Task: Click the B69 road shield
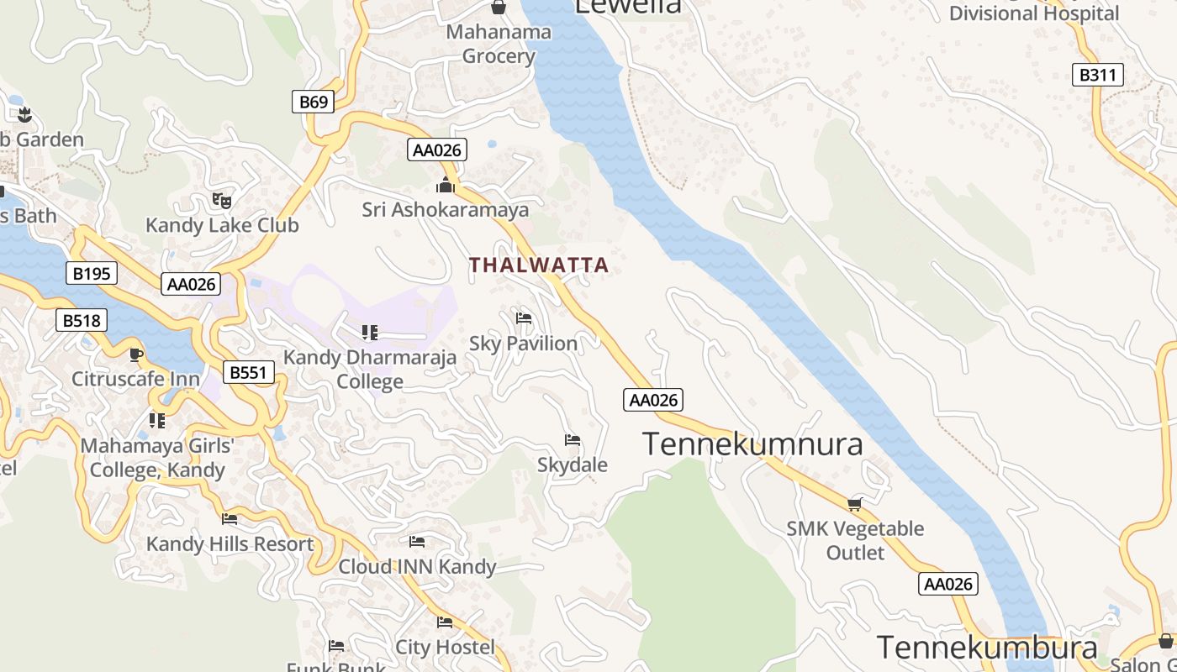314,102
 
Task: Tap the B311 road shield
1098,75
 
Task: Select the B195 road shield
91,273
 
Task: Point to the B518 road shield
82,320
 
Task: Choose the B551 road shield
250,372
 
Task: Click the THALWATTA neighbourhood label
539,265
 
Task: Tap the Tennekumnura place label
752,444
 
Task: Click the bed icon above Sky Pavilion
524,318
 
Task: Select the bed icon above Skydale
573,440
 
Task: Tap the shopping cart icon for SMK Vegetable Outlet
855,504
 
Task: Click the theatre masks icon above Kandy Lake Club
222,200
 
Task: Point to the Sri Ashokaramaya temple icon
445,185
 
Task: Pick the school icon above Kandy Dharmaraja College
370,333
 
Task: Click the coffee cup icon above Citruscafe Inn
136,354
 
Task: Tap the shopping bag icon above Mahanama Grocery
499,8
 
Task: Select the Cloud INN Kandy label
417,567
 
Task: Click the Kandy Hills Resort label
230,544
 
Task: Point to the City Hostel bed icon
445,622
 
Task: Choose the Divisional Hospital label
1034,13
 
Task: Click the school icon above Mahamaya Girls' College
157,420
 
